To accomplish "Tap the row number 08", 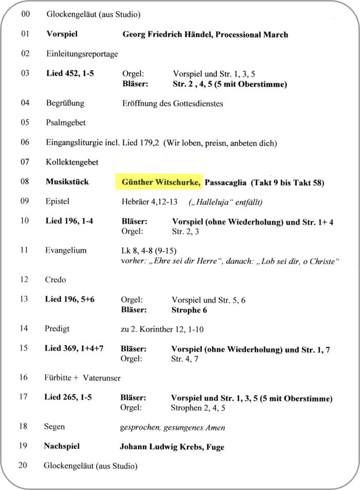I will pos(25,182).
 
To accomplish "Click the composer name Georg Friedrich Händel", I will pos(167,34).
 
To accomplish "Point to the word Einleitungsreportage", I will pos(82,54).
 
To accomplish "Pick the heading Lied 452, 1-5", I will pos(70,73).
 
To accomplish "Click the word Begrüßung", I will pos(65,103).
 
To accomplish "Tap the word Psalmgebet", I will pos(65,122).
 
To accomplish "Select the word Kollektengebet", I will pos(72,162).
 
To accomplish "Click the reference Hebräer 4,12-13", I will pos(150,201).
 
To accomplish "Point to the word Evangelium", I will pos(66,251).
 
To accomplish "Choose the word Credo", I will pos(56,280).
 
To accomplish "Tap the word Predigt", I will pos(57,328).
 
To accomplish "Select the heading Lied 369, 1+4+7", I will pos(74,349).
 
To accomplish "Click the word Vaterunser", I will pos(101,378).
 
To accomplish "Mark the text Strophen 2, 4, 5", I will pos(198,408).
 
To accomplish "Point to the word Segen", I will pos(55,427).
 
